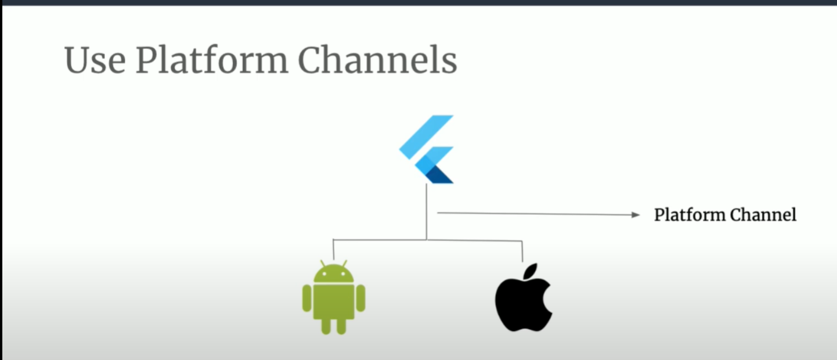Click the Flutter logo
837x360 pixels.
[x=427, y=149]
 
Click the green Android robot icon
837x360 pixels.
[x=334, y=297]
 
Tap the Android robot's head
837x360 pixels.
[x=334, y=273]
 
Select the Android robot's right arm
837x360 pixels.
[x=360, y=297]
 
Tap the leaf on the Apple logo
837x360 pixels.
[x=529, y=271]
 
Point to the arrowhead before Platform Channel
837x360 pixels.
[x=634, y=215]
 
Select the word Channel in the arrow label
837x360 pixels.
[x=763, y=215]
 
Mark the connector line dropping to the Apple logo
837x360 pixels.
[x=522, y=250]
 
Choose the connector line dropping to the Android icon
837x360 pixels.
[x=333, y=249]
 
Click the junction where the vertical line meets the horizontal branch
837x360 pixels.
[x=427, y=239]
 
